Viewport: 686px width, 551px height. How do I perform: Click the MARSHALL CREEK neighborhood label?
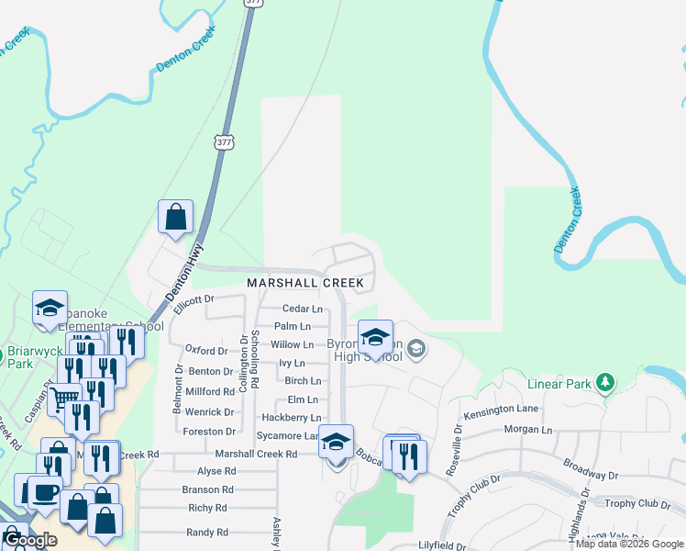tap(305, 283)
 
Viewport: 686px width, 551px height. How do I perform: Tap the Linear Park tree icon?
tap(604, 382)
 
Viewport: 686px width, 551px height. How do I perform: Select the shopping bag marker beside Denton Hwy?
tap(175, 218)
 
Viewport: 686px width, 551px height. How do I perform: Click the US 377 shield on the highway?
tap(225, 142)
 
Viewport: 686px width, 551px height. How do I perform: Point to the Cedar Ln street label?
tap(302, 309)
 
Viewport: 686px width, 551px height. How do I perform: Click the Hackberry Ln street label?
tap(291, 418)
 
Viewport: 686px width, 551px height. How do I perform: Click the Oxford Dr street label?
tap(205, 351)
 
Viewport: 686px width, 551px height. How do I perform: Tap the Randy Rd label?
tap(206, 532)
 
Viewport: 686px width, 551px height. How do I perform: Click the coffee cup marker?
tap(45, 491)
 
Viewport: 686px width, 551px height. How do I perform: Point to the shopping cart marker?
tap(63, 399)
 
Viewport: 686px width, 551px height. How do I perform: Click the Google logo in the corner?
tap(29, 540)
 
